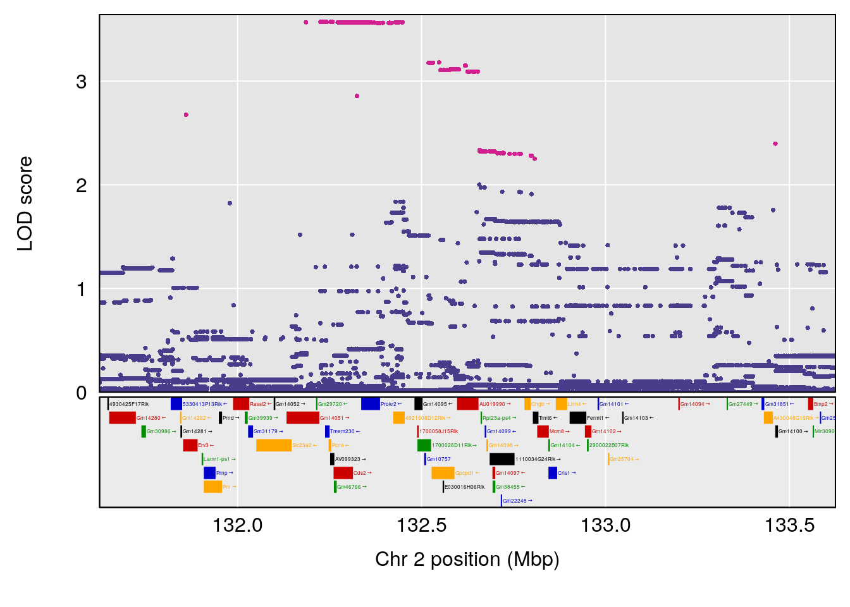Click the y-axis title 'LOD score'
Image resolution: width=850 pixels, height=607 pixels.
point(25,204)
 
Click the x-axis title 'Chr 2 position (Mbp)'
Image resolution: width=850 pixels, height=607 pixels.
point(467,560)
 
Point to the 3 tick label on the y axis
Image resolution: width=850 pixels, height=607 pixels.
point(81,82)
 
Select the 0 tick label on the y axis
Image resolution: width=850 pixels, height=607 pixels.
point(81,393)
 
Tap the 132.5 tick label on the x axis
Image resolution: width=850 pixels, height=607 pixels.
point(422,525)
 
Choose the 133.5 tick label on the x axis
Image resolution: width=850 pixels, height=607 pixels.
point(790,525)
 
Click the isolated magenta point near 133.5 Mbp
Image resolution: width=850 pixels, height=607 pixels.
point(775,144)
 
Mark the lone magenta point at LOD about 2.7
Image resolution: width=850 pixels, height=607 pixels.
point(186,115)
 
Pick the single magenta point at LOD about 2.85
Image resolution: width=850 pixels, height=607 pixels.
point(357,96)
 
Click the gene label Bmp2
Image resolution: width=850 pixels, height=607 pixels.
point(820,404)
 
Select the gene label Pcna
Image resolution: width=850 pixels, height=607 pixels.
point(338,446)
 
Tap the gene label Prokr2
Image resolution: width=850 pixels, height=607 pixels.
point(388,404)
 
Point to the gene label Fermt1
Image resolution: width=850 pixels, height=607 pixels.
point(595,418)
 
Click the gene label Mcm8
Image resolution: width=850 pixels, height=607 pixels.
point(557,432)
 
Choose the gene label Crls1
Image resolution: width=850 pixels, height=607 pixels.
point(564,473)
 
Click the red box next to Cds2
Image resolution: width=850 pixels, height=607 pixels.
point(343,473)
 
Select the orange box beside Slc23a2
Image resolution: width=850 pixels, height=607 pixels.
point(274,446)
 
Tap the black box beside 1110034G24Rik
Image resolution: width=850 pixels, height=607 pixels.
point(502,459)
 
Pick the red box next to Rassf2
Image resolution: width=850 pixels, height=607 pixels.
point(241,404)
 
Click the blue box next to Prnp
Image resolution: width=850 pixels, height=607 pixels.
point(209,473)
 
